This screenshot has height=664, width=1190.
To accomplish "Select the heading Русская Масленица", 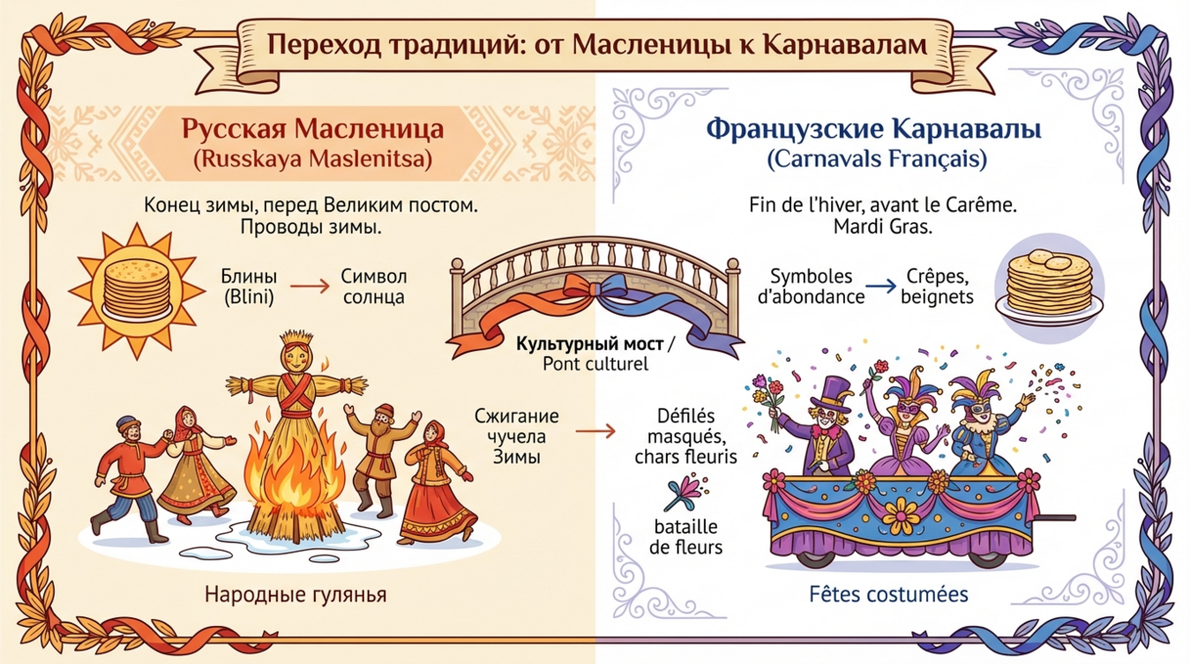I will click(x=312, y=130).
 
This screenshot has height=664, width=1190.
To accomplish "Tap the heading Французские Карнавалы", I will click(x=873, y=130).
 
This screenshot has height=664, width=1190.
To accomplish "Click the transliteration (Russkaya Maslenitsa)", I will click(x=312, y=160).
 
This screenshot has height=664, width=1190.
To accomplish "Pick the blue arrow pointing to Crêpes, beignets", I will click(x=879, y=287).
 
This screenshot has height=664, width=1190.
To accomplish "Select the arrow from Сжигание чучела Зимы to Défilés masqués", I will click(x=595, y=431).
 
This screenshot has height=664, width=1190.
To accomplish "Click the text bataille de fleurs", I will click(x=685, y=537).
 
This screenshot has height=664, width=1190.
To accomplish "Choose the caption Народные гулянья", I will click(x=296, y=594).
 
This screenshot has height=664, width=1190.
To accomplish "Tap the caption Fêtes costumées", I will click(x=888, y=594).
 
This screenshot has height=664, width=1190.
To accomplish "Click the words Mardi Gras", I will click(x=883, y=227).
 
